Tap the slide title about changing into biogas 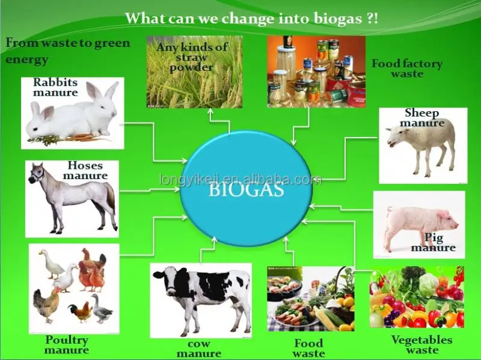[x=251, y=17]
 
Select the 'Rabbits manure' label [x=55, y=88]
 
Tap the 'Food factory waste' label [x=407, y=69]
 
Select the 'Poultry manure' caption [x=67, y=345]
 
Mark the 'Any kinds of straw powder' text [x=192, y=57]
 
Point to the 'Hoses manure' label [x=85, y=171]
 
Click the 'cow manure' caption [x=199, y=349]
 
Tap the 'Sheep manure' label [x=422, y=118]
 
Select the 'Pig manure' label [x=434, y=243]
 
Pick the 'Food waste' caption [x=309, y=348]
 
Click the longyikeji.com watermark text [x=240, y=180]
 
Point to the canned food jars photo [x=316, y=72]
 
